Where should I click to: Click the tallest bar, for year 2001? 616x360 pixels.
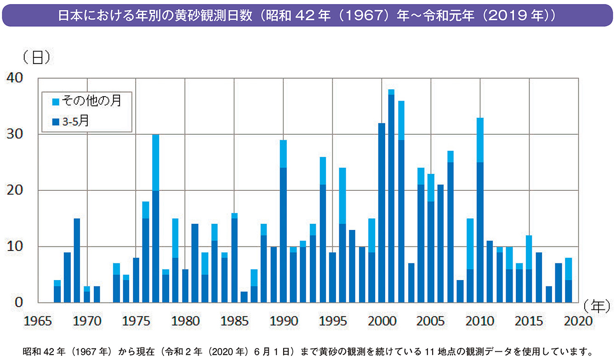click(x=391, y=198)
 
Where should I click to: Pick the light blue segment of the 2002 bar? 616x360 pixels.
click(x=401, y=120)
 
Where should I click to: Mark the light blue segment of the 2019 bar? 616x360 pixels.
click(x=568, y=269)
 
